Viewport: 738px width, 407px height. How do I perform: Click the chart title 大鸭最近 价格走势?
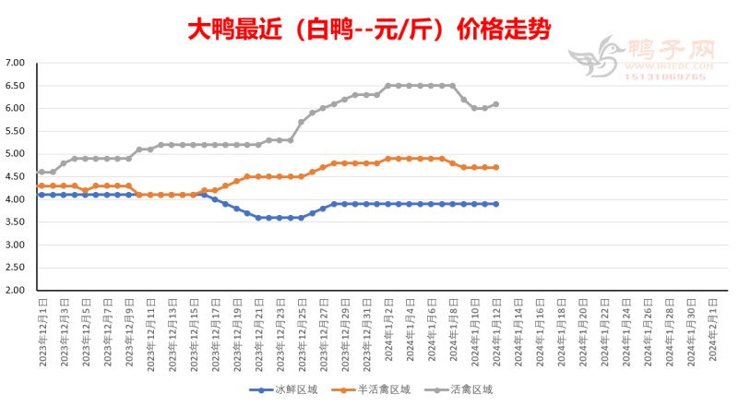pos(369,30)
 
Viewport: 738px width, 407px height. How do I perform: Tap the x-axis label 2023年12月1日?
pos(42,332)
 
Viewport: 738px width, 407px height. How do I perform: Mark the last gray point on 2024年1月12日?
pos(496,103)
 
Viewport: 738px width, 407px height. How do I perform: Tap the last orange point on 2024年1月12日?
pos(496,167)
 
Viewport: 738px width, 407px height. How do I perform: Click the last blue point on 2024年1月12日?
pos(496,204)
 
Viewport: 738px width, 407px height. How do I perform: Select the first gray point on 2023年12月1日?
pos(42,172)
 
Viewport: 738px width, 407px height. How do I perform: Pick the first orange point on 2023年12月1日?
pos(42,186)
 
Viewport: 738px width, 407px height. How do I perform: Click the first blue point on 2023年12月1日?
pos(42,195)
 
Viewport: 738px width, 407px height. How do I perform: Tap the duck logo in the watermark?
pos(596,58)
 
